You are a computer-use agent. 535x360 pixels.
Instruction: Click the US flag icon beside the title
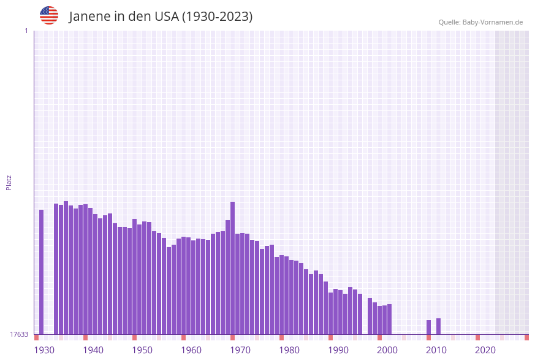(49, 15)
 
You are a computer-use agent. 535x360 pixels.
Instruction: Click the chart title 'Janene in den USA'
(161, 17)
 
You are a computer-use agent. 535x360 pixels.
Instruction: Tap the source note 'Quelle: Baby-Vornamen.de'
(480, 22)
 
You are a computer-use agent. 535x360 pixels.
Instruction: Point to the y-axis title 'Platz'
(9, 182)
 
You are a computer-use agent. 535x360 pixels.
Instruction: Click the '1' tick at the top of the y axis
(26, 31)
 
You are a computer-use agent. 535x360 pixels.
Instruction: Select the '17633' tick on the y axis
(18, 334)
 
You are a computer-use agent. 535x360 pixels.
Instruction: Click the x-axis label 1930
(44, 350)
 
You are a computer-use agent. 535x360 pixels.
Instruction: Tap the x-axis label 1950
(142, 350)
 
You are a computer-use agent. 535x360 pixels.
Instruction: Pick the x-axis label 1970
(240, 350)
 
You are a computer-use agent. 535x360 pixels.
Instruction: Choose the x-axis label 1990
(338, 350)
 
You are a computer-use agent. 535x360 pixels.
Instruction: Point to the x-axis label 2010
(436, 350)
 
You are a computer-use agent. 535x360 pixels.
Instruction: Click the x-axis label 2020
(485, 350)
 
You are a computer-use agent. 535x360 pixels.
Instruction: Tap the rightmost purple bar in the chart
(439, 326)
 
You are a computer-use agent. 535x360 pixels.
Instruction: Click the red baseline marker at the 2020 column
(478, 337)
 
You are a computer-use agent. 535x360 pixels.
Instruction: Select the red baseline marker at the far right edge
(526, 337)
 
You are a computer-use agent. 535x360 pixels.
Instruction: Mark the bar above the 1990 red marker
(331, 313)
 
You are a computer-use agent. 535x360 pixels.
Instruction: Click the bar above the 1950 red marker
(135, 276)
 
